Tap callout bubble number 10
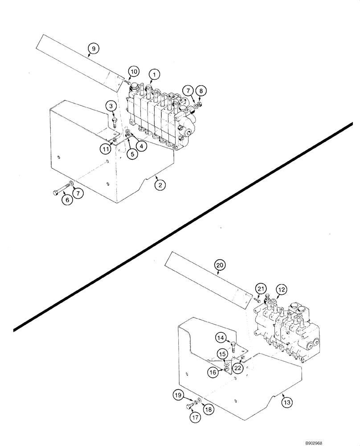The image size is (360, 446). (x=134, y=71)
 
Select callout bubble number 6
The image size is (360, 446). (x=67, y=200)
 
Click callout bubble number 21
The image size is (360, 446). (x=261, y=290)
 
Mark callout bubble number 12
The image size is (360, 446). (x=281, y=290)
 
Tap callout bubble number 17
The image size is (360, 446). (x=195, y=417)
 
